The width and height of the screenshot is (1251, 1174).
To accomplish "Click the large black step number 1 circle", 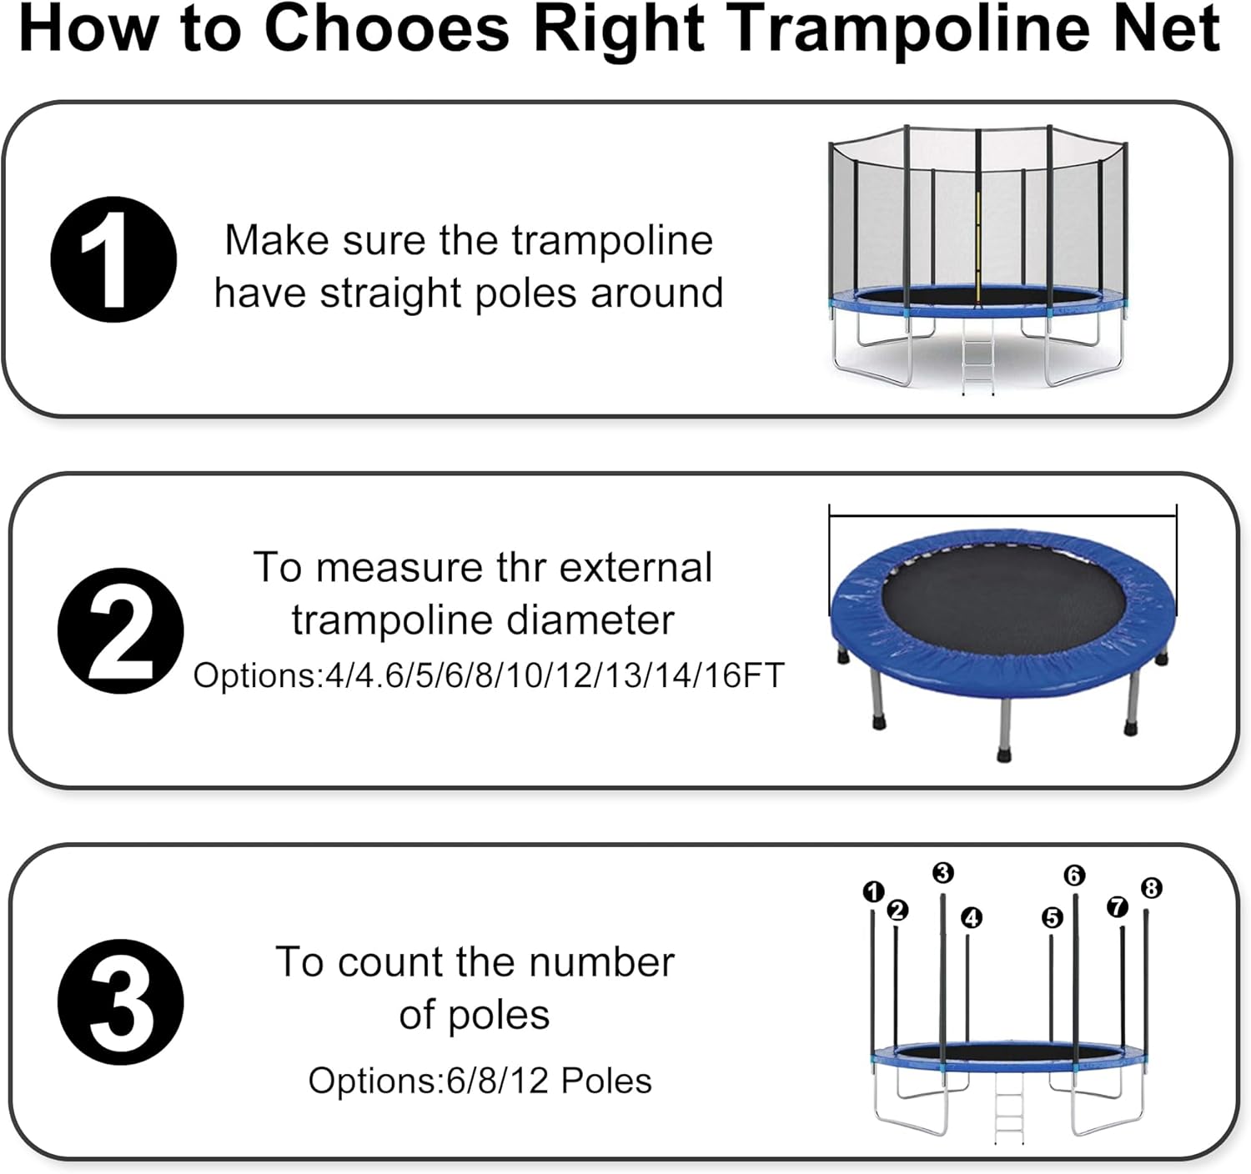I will coord(113,259).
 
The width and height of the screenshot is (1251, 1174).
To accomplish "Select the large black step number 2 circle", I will coord(120,630).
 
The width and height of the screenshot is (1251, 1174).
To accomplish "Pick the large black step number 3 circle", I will coord(120,1001).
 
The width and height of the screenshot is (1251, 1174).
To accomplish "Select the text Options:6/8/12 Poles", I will coord(480,1081).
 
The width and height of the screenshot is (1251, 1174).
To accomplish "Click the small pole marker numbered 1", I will coord(873,892).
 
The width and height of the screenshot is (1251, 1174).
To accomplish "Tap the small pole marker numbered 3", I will coord(942,873).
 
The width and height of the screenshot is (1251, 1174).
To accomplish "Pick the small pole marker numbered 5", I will coord(1053,918).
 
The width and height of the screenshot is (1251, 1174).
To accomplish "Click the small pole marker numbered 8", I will coord(1151,889).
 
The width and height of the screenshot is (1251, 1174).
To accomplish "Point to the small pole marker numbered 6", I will coord(1074,875).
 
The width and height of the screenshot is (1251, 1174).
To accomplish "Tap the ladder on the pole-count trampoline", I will coord(1009,1109).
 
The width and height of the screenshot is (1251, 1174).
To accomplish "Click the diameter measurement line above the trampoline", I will coord(1002,516).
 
